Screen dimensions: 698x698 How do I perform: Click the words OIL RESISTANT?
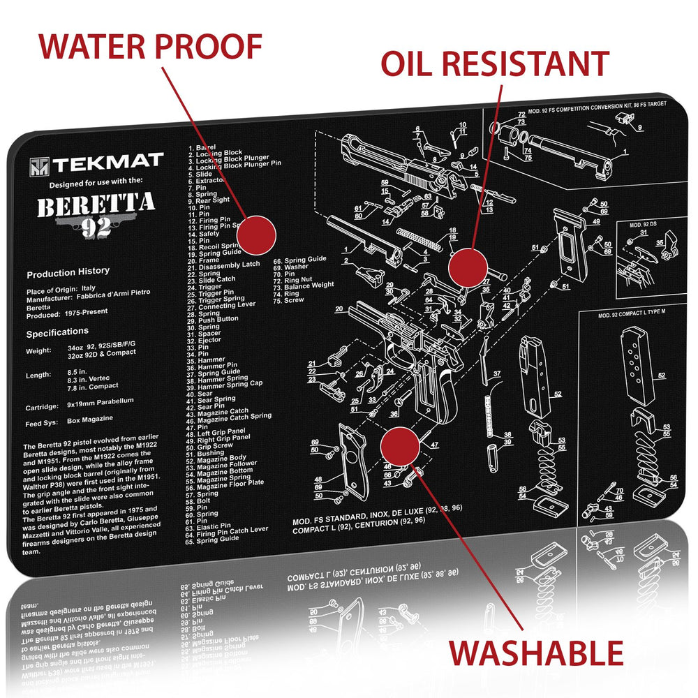point(494,64)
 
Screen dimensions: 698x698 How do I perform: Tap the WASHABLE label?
point(535,653)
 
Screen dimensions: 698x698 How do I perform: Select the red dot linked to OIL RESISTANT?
point(467,267)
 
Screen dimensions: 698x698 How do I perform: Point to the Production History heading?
point(68,272)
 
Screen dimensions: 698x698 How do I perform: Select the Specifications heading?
point(57,332)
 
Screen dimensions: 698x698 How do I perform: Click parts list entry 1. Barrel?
point(202,148)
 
